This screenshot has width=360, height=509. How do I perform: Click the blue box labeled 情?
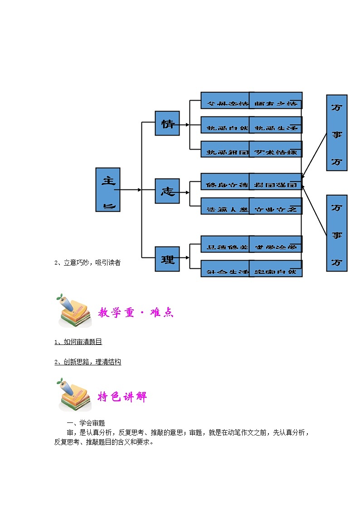[167, 123]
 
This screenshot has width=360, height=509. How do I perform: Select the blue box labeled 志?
[167, 191]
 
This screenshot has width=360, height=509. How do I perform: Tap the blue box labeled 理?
[167, 259]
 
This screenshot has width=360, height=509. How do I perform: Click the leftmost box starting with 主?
[108, 189]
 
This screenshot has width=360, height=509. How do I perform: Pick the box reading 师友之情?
[276, 101]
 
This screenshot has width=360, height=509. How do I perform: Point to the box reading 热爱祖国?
[225, 150]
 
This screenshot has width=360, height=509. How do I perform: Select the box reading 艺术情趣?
[276, 150]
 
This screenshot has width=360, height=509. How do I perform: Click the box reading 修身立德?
[225, 182]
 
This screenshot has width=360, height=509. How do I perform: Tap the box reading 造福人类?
[225, 206]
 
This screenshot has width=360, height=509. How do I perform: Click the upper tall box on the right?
[336, 133]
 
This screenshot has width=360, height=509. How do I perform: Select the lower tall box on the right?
[336, 233]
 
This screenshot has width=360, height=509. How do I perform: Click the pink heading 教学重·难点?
[136, 312]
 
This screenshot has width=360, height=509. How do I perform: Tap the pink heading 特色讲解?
[122, 397]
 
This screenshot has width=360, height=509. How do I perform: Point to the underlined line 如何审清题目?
[78, 342]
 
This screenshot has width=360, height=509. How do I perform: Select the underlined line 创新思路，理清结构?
[88, 362]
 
